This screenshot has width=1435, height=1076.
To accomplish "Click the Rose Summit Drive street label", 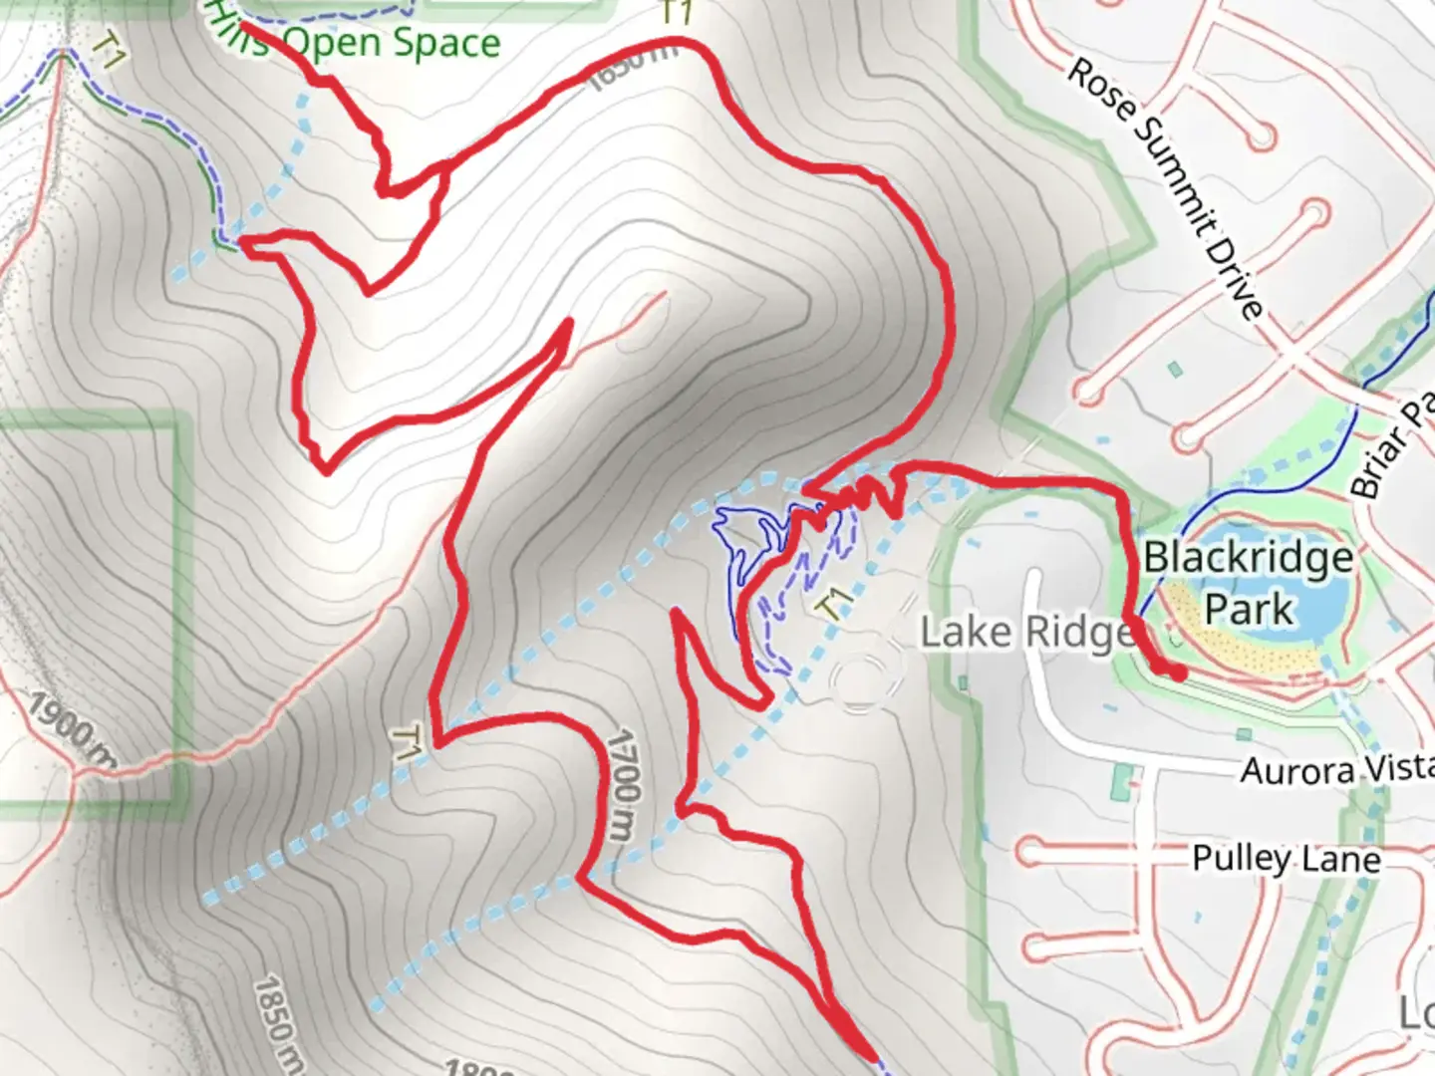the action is pos(1165,188).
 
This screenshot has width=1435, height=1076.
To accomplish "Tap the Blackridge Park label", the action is pos(1248,583).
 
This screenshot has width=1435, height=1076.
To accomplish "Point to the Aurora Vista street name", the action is pos(1335,769).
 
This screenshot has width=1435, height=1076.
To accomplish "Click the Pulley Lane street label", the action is pos(1287,858).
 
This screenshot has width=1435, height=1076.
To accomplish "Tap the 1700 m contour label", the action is pos(621,783).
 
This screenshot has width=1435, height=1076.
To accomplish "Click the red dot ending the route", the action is pos(1178,673).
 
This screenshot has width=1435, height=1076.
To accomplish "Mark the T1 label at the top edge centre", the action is pos(677,13).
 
